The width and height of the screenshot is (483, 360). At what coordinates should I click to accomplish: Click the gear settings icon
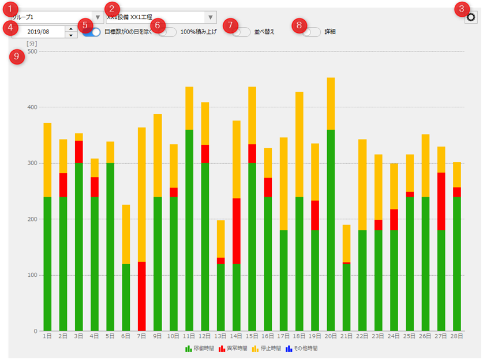click(471, 17)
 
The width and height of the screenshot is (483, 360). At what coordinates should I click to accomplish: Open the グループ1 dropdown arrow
click(98, 17)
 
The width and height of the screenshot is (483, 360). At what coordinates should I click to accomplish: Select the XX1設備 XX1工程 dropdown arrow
click(210, 17)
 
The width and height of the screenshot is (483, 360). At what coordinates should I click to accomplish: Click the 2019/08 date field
click(38, 31)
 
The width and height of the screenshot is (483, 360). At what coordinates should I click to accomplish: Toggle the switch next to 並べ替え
click(242, 32)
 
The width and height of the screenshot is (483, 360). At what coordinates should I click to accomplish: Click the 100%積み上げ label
click(199, 32)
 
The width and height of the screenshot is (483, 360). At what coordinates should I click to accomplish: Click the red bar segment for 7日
click(141, 296)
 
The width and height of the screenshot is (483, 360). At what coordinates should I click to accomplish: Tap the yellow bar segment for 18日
click(299, 144)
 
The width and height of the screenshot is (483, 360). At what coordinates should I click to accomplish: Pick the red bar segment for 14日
click(236, 231)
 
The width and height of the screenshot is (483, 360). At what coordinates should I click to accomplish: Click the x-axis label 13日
click(220, 336)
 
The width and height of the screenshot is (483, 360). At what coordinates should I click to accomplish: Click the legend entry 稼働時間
click(200, 348)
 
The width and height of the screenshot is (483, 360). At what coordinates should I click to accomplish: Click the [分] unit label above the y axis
click(32, 44)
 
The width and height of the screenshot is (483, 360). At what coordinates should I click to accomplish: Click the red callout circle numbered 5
click(85, 25)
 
